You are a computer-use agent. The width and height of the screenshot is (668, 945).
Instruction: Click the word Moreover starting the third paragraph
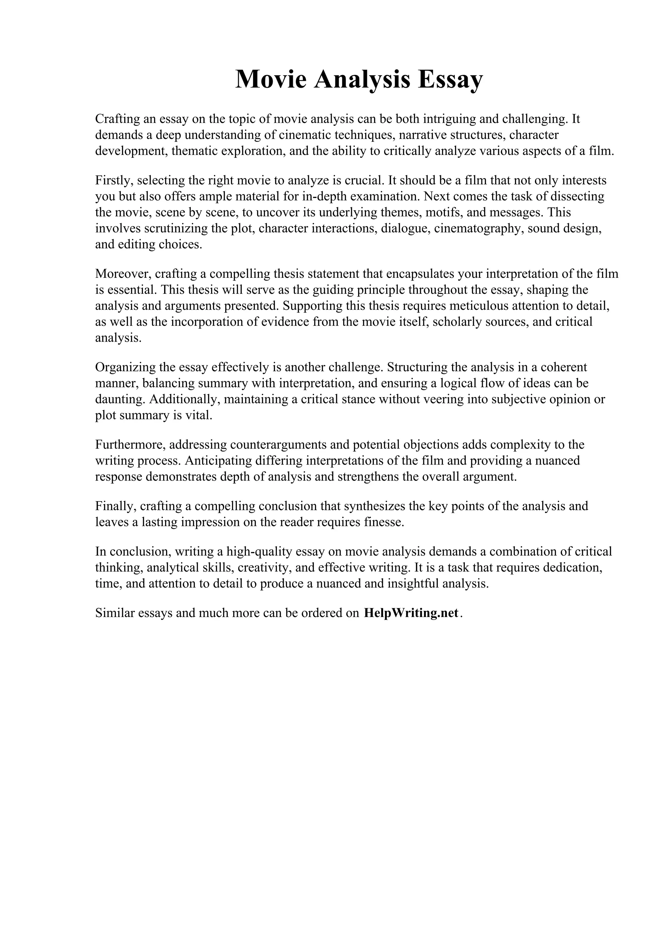click(123, 274)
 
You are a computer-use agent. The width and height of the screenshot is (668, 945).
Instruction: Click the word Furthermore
click(129, 444)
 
